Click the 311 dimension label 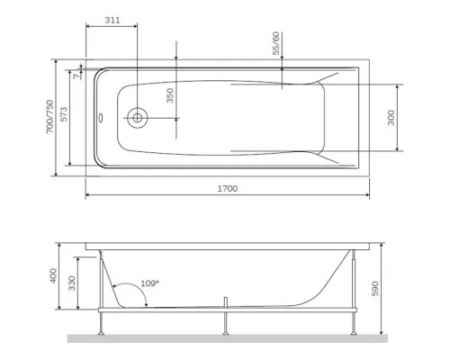[112, 20]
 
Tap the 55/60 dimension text [276, 43]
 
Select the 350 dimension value [170, 95]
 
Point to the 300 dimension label [391, 118]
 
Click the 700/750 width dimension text [49, 116]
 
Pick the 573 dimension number [64, 114]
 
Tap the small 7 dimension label [77, 76]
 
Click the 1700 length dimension [228, 188]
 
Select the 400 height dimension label [53, 275]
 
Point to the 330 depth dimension [72, 283]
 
